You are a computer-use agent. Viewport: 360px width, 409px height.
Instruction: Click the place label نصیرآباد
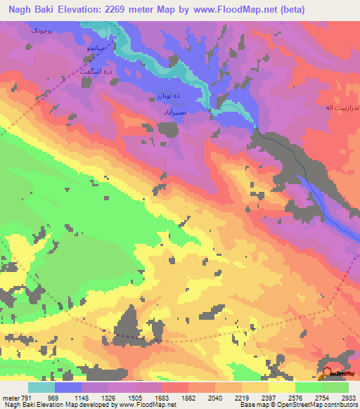tap(172, 111)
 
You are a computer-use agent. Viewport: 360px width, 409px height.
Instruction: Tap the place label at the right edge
tap(341, 108)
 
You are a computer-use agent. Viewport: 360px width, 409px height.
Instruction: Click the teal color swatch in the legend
tap(41, 387)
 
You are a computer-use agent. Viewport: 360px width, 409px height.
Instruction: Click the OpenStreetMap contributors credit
tap(317, 405)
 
